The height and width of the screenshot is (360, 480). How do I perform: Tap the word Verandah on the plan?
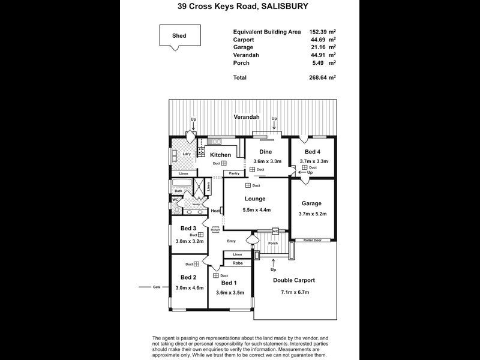coord(248,116)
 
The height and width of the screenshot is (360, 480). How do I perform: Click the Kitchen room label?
coord(220,155)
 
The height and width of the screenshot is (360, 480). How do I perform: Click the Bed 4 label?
coord(312,152)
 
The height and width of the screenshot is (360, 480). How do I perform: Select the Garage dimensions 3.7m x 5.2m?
coord(312,214)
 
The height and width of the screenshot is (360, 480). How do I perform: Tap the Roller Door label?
coord(312,240)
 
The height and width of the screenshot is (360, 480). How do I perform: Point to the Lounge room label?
coord(254,199)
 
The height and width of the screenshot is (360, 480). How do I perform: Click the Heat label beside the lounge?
coord(215,211)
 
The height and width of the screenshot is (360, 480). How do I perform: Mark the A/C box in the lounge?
coord(275,231)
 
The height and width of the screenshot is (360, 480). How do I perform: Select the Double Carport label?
coord(294,280)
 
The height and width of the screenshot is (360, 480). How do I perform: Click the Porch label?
coord(273,243)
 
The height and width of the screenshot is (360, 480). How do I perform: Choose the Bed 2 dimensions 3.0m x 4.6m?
coord(189,288)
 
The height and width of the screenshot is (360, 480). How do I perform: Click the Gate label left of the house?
coord(157,287)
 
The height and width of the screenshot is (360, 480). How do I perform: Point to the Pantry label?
coord(234,173)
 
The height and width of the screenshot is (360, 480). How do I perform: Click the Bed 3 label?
coord(188,228)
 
